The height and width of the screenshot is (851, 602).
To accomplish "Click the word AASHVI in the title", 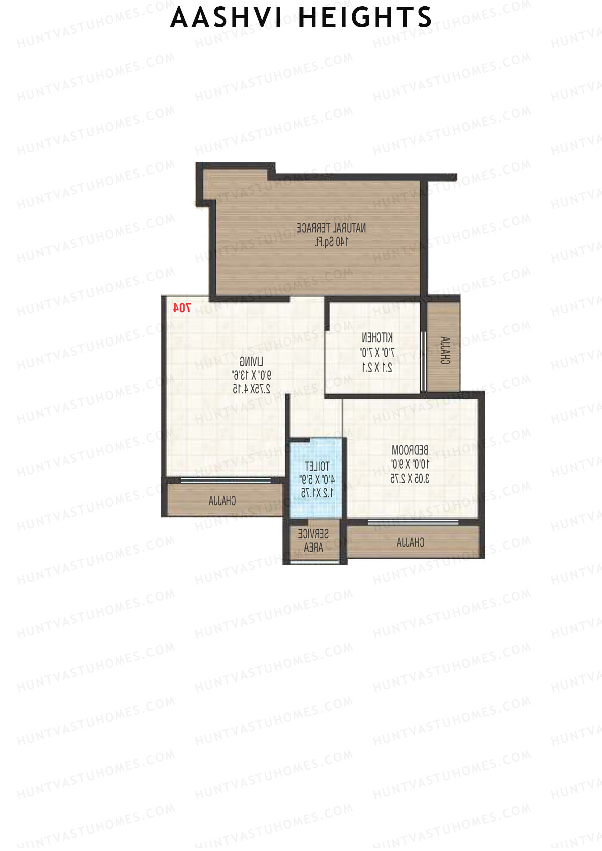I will [x=229, y=18].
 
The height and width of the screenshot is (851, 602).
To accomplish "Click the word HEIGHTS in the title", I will [x=365, y=18].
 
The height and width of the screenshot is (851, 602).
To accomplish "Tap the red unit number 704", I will [x=181, y=308].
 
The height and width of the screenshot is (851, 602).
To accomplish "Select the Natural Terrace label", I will [x=331, y=228].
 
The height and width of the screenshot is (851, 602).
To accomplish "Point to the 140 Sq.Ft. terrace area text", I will [x=331, y=242].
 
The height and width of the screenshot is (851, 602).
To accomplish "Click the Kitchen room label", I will [x=377, y=337].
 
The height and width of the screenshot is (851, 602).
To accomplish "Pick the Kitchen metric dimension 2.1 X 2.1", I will [x=377, y=367].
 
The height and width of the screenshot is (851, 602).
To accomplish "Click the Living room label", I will [x=251, y=361].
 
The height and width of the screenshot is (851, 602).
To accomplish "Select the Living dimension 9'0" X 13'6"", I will [x=251, y=375].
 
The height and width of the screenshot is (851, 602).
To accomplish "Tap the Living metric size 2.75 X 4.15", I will [x=251, y=388].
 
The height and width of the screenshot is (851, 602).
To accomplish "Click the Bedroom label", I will [x=410, y=450].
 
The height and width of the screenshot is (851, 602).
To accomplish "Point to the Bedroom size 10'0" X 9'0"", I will [x=410, y=464].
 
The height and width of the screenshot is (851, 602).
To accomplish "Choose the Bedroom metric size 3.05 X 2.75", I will [x=410, y=478].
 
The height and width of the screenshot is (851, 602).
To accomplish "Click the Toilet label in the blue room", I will [x=317, y=466].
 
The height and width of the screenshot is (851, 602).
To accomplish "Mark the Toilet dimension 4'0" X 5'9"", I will [x=317, y=480].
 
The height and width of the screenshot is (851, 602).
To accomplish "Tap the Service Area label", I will [x=314, y=540].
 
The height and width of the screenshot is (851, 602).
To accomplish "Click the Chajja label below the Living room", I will [x=222, y=501].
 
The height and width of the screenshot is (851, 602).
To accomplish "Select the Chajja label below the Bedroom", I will [x=410, y=542].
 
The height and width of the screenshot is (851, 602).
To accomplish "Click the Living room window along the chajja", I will [x=225, y=480].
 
